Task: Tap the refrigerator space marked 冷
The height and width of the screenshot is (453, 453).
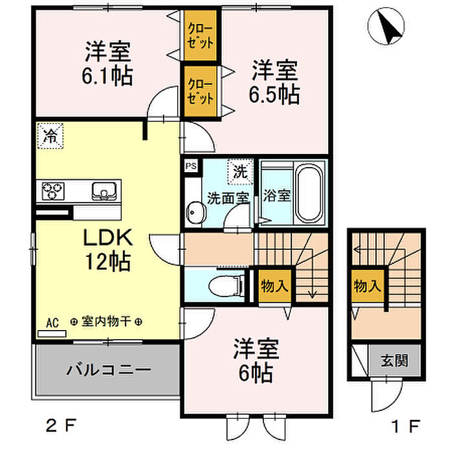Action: pos(50,136)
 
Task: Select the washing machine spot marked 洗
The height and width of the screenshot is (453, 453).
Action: pos(240,171)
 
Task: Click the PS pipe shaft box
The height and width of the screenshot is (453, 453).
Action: pos(191,166)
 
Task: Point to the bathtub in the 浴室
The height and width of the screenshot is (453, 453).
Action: pos(309,195)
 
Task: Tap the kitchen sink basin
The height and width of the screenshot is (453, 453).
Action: pos(104,191)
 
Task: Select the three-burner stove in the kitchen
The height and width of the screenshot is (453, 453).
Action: pos(53,191)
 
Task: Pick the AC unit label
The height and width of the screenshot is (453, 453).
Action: pos(52,323)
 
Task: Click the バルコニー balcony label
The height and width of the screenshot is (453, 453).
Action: pos(109,370)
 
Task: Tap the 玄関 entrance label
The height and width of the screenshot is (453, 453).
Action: pos(394,360)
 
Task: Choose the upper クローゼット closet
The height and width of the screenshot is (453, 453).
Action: pos(200,36)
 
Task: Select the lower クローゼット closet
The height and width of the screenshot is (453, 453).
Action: pos(200,91)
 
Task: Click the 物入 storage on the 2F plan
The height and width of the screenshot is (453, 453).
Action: pos(274,286)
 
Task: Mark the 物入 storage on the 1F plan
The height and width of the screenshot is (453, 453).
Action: pos(368,286)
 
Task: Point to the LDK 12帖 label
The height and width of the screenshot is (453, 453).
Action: pos(108,249)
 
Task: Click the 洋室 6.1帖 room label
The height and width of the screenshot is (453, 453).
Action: pos(107,63)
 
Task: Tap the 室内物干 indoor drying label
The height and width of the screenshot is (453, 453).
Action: pos(107,321)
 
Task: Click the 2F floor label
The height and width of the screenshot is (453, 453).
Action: pos(61,425)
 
